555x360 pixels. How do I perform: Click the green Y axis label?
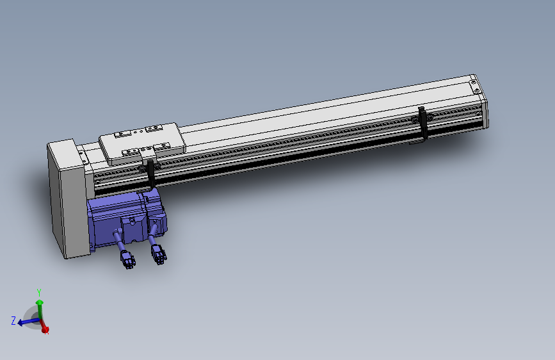click(x=39, y=292)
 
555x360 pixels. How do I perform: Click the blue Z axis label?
click(x=13, y=320)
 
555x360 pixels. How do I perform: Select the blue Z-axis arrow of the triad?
click(x=26, y=322)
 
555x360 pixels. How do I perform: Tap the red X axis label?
click(x=45, y=331)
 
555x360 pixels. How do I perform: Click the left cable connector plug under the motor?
click(x=127, y=259)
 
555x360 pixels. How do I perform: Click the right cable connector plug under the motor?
click(x=158, y=255)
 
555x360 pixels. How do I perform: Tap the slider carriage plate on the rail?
click(x=142, y=142)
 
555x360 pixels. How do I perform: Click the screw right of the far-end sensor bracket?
click(x=430, y=117)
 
